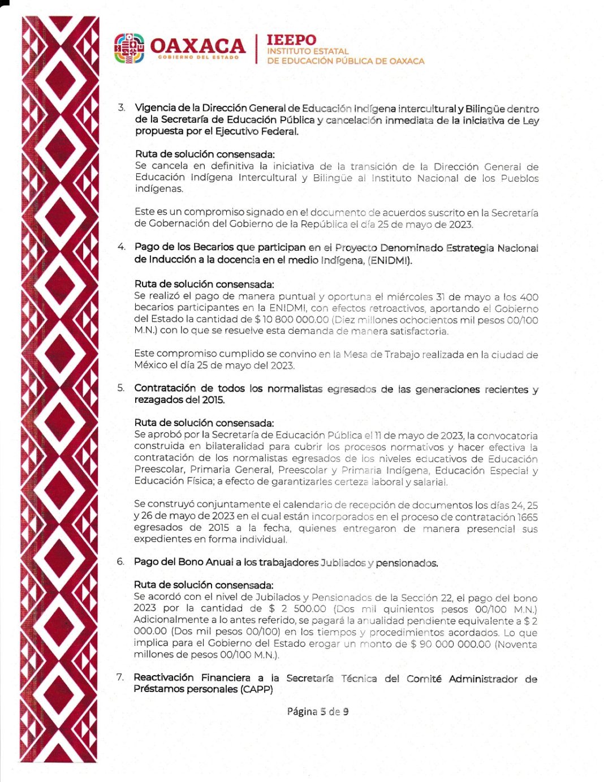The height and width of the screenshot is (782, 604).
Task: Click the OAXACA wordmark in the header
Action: coord(197,45)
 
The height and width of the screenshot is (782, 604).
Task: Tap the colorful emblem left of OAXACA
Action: coord(129,49)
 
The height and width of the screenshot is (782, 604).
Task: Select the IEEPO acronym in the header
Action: coord(291,40)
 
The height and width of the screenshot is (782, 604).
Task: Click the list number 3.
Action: coord(121,108)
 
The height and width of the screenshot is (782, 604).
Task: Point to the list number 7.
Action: coord(120,677)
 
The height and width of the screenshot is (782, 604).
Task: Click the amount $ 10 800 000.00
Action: coord(292,320)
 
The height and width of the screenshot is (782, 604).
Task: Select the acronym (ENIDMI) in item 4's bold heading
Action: coord(390,260)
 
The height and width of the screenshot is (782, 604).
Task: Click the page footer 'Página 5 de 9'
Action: coord(317,711)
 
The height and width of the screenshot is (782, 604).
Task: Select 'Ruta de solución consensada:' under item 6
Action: coord(204,585)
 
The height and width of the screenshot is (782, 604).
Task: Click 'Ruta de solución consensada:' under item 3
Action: coord(205,154)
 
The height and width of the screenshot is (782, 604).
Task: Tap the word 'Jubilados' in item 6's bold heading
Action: coord(343,562)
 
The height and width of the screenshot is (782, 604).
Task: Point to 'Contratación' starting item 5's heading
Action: coord(166,388)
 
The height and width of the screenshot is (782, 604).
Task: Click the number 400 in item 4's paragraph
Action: coord(529,297)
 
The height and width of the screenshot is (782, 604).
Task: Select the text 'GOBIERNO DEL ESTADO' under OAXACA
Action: coord(198,58)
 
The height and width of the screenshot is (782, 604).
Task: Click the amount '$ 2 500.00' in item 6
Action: coord(297,609)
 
